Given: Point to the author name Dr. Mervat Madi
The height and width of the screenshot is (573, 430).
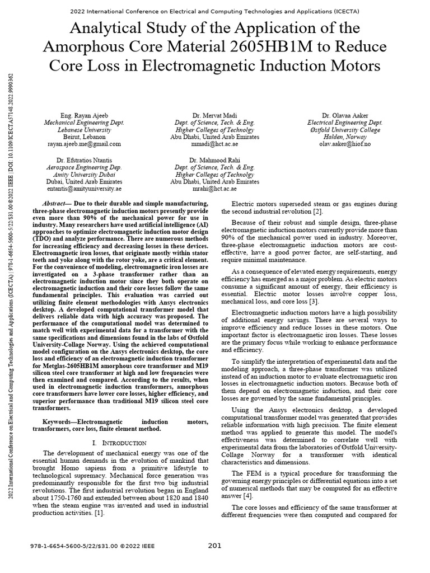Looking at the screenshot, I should pos(214,115).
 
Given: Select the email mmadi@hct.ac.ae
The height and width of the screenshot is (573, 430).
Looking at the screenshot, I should pos(214,144).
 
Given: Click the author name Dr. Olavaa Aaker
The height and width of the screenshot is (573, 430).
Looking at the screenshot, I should pos(345,115).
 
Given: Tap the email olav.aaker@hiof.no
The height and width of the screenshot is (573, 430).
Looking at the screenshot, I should pos(345,144).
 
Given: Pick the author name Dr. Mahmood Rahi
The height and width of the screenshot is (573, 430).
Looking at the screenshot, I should pos(214,160).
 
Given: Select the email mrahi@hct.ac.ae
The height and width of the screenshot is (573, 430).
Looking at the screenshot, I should pos(214,189).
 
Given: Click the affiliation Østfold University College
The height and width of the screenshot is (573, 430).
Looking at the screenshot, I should pos(345,130).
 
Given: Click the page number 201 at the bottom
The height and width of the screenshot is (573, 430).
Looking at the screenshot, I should pos(215,546).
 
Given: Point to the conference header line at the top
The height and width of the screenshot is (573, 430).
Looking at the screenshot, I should pos(215,11).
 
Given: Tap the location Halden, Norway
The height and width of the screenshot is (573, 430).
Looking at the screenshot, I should pos(345,137).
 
